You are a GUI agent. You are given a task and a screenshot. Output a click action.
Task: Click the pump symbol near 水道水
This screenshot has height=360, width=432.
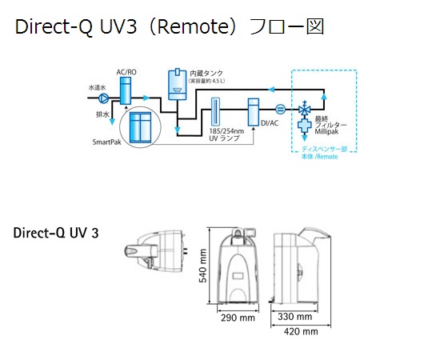(x=104, y=98)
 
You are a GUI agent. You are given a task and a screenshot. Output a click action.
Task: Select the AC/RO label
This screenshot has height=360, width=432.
(x=126, y=72)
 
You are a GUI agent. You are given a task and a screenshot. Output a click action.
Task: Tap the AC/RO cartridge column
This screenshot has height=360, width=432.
(x=126, y=90)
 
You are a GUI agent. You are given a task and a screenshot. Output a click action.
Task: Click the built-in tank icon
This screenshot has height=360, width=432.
(x=177, y=84)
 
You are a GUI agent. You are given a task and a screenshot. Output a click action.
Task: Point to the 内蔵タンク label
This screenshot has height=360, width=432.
(x=206, y=74)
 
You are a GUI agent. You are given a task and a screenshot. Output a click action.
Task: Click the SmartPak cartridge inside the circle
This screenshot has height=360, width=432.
(x=141, y=127)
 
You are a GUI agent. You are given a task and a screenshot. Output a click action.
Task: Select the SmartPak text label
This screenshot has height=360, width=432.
(x=107, y=142)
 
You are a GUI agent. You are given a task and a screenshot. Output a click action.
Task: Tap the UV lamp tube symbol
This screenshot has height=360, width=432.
(x=215, y=111)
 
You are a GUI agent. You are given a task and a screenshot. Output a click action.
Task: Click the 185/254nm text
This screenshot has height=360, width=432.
(x=226, y=131)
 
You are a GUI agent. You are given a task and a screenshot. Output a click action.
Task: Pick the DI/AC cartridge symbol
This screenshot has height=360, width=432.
(x=253, y=112)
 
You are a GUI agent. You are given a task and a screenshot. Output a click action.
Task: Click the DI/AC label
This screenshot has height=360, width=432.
(x=270, y=123)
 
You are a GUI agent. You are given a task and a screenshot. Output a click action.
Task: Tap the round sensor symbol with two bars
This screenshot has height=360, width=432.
(x=281, y=110)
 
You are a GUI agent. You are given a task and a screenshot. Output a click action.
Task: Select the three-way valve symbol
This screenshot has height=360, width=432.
(x=305, y=109)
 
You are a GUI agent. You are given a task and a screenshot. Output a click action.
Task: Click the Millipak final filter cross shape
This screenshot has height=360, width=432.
(x=305, y=126)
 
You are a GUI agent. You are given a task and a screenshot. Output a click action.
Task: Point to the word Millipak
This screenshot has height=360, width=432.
(x=326, y=132)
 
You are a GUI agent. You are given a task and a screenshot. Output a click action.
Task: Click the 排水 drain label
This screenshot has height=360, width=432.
(x=102, y=114)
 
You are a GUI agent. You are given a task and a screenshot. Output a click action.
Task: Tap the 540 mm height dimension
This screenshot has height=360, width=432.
(x=202, y=266)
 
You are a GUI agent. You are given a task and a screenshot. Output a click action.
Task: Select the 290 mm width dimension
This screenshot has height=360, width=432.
(x=238, y=318)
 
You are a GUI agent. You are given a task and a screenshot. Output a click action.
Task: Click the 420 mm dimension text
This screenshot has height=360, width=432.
(x=301, y=331)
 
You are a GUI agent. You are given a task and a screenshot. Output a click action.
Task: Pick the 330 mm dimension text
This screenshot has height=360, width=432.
(x=294, y=317)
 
